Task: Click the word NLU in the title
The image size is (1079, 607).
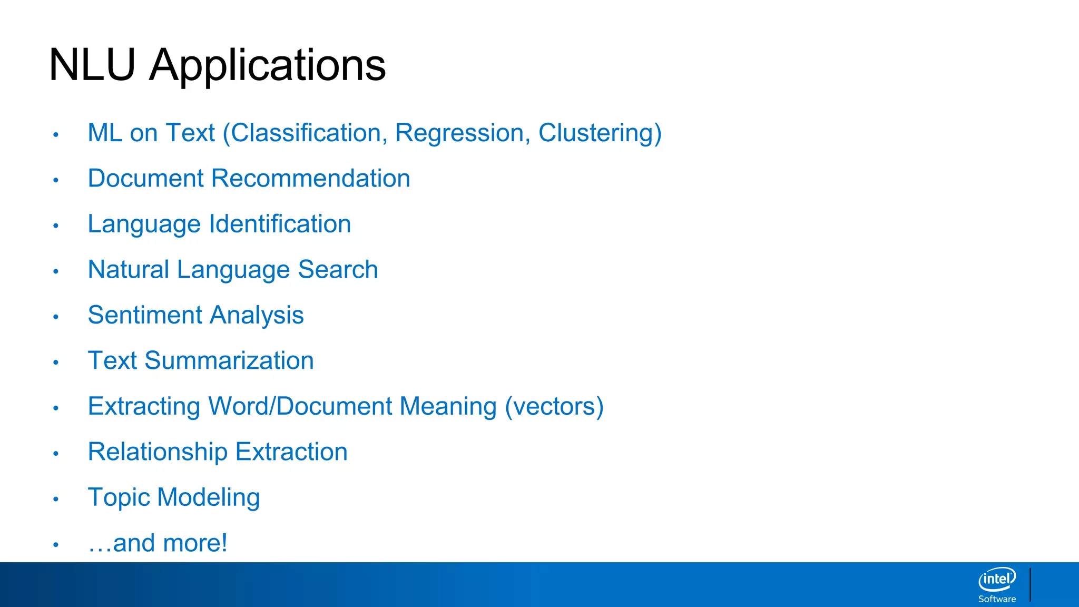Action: pyautogui.click(x=92, y=65)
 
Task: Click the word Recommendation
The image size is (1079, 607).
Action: pyautogui.click(x=310, y=179)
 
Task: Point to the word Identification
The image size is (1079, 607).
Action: pyautogui.click(x=280, y=224)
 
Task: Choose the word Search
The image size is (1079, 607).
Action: pyautogui.click(x=338, y=270)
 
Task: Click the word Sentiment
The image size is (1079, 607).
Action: pyautogui.click(x=145, y=315)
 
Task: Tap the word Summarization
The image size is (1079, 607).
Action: pyautogui.click(x=229, y=361)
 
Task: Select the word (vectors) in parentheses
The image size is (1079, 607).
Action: pyautogui.click(x=554, y=407)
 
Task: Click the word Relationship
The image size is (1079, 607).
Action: pyautogui.click(x=158, y=452)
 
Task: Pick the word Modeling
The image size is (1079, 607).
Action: pyautogui.click(x=209, y=498)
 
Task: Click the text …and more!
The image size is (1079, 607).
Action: pyautogui.click(x=158, y=543)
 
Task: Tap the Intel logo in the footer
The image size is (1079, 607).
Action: pyautogui.click(x=997, y=580)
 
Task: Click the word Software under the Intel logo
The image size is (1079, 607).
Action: pyautogui.click(x=997, y=599)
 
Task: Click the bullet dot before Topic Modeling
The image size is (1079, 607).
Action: pyautogui.click(x=56, y=499)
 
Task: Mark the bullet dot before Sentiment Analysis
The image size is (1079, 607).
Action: pyautogui.click(x=56, y=317)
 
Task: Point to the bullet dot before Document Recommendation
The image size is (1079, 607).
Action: pyautogui.click(x=56, y=180)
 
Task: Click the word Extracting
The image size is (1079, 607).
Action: pyautogui.click(x=144, y=407)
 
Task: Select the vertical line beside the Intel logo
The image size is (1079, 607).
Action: pyautogui.click(x=1030, y=584)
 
